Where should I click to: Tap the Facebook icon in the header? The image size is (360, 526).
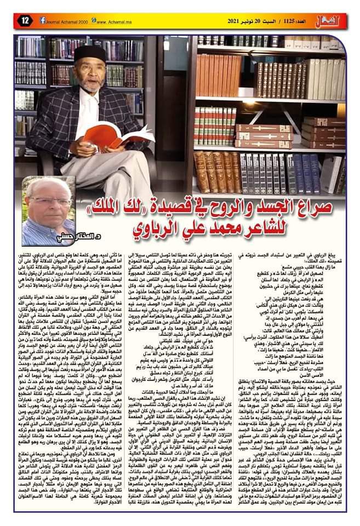tap(43, 20)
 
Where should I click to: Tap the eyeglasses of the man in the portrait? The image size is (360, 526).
tap(48, 201)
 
